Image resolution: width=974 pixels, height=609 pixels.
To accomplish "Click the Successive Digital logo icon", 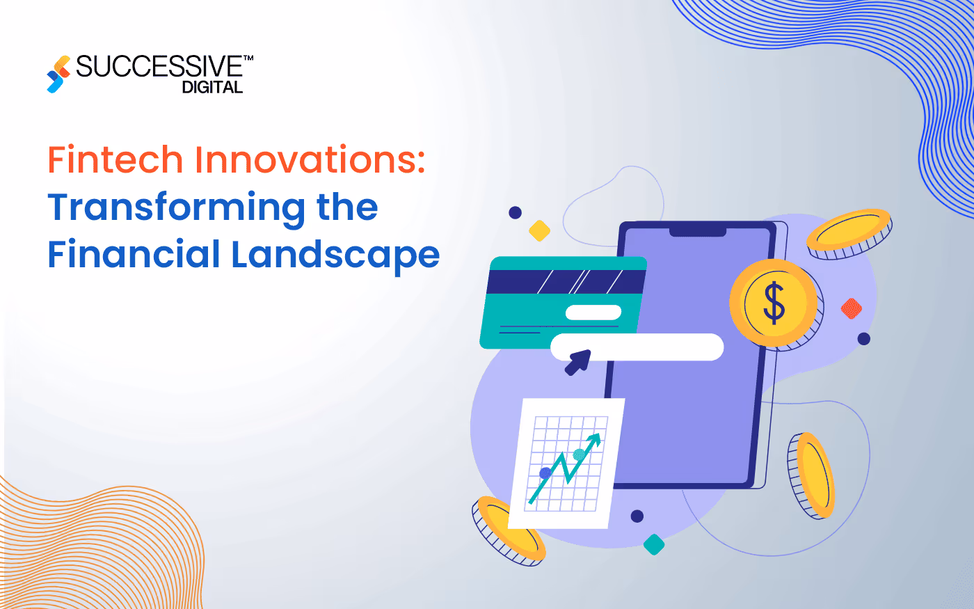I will tap(58, 74).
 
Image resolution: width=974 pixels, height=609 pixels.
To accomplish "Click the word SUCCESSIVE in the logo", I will tap(159, 67).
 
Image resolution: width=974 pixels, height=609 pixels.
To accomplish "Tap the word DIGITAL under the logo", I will tap(212, 88).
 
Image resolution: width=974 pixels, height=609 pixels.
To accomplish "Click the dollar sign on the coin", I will tap(774, 303).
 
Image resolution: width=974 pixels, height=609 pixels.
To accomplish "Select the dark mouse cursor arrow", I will tap(577, 362).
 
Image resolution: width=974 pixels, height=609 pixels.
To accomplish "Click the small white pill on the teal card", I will tap(593, 313).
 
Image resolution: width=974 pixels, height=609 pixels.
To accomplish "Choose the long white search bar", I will tap(637, 347).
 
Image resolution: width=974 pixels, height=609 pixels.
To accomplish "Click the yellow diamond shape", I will tap(539, 230).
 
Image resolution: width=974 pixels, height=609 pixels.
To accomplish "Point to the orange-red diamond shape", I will tap(852, 308).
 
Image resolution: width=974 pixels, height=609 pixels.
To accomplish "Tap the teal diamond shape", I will tap(654, 544).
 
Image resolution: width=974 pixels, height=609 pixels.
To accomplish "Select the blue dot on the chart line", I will tap(545, 473).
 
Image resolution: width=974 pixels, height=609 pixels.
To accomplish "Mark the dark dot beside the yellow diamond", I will tap(515, 212).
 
